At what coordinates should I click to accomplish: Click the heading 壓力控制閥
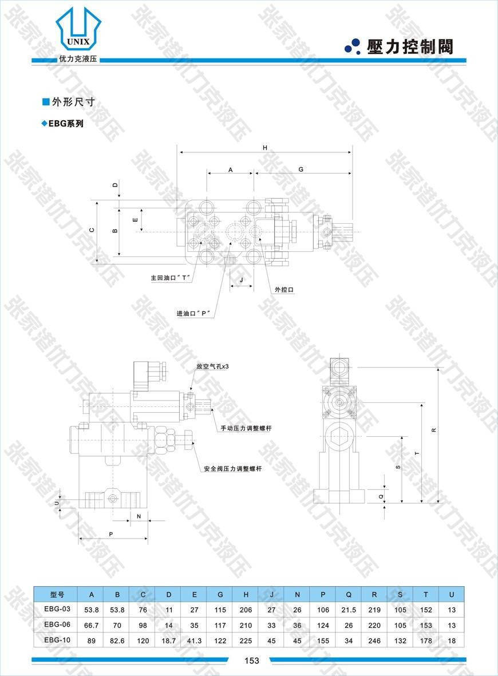click(410, 46)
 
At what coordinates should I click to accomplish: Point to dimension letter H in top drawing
click(265, 148)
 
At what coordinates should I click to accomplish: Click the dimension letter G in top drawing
click(301, 169)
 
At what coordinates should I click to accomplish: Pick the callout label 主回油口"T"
click(171, 278)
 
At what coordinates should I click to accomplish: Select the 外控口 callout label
click(284, 290)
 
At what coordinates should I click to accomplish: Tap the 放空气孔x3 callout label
click(212, 366)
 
